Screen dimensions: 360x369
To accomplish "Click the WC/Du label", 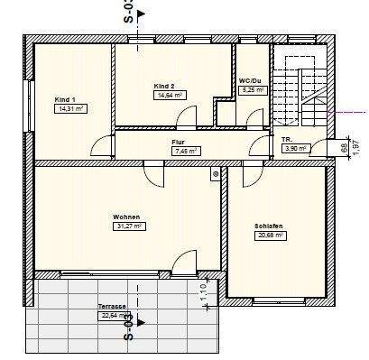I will (x=250, y=80).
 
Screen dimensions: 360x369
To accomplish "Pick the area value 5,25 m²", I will (x=253, y=89).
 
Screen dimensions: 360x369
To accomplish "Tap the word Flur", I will (x=179, y=143).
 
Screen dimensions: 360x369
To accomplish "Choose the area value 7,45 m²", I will (x=187, y=151).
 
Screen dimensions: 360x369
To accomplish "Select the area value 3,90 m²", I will (x=296, y=148).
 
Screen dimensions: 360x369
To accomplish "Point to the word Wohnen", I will (x=125, y=217).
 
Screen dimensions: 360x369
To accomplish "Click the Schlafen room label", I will (x=268, y=226).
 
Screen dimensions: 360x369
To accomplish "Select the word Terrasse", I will (x=112, y=307).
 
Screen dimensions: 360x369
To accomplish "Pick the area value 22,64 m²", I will (x=115, y=316).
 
